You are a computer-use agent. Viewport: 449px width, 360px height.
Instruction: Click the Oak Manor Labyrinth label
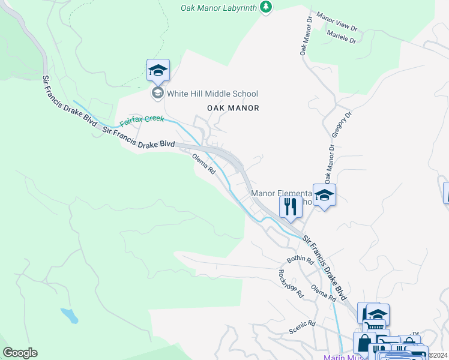[x=218, y=8]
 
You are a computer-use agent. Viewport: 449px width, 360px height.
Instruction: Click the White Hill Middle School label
[x=212, y=94]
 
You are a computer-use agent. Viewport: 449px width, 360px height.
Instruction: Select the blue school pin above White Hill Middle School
[x=158, y=70]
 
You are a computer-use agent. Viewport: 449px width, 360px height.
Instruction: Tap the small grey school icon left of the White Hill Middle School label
[x=157, y=93]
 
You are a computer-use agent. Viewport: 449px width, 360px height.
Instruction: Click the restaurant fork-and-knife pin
[x=291, y=208]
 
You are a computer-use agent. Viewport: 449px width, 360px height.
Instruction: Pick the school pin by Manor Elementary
[x=324, y=196]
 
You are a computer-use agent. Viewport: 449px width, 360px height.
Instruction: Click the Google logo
[x=20, y=353]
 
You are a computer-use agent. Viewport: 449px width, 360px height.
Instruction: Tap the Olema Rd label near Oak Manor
[x=203, y=163]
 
